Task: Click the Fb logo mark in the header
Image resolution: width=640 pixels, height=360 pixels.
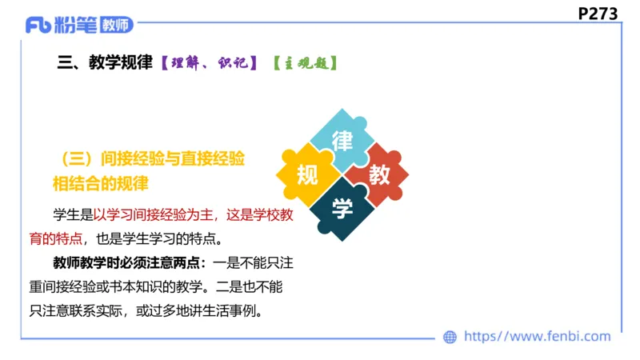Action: point(38,25)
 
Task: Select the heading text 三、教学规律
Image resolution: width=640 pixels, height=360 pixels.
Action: point(105,63)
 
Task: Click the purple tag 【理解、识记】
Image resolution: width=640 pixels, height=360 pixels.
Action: point(208,63)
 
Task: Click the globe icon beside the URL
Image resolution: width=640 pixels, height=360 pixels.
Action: point(450,337)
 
